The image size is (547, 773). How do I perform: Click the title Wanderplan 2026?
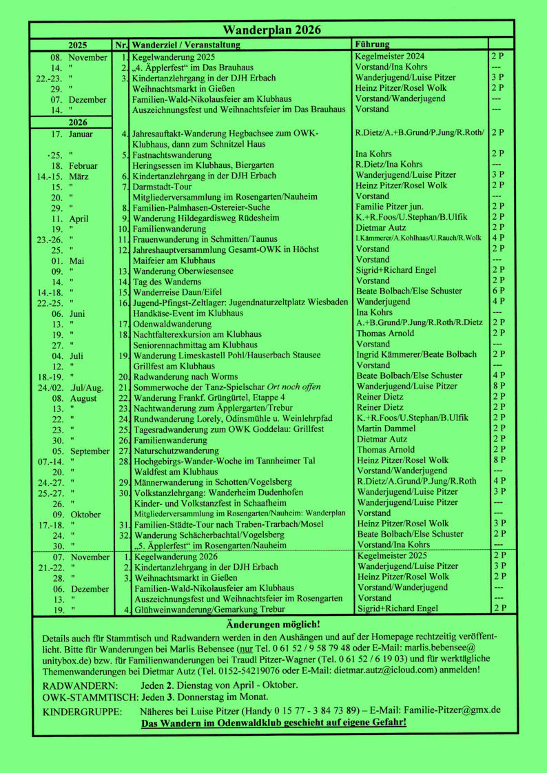pos(272,30)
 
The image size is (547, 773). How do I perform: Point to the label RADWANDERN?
pos(81,686)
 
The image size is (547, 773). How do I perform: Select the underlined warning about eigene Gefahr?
pos(273,723)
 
